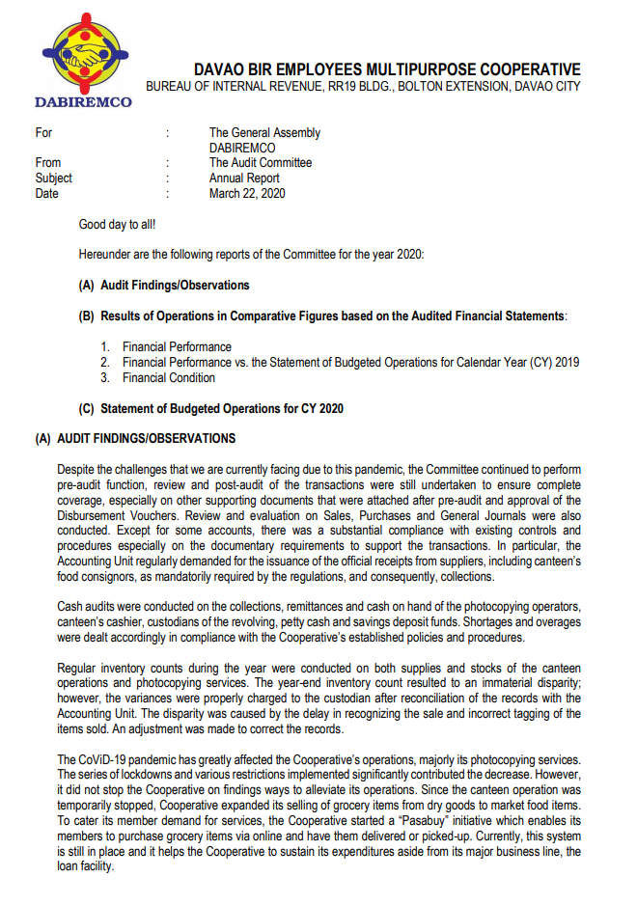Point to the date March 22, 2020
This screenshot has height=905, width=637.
(x=247, y=193)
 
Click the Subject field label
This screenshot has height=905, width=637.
(x=54, y=178)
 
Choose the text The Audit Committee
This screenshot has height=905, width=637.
(x=261, y=163)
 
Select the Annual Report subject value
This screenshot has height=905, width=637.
(x=244, y=178)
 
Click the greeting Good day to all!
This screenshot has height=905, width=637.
(x=117, y=225)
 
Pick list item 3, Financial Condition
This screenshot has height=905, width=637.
(x=168, y=377)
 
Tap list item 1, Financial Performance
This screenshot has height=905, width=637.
(x=177, y=346)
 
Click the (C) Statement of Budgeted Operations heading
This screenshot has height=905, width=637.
(x=210, y=408)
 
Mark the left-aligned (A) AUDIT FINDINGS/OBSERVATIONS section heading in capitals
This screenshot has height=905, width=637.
(x=135, y=439)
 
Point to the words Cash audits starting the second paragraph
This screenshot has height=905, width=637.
(x=87, y=605)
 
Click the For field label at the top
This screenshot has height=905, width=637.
(x=43, y=132)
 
